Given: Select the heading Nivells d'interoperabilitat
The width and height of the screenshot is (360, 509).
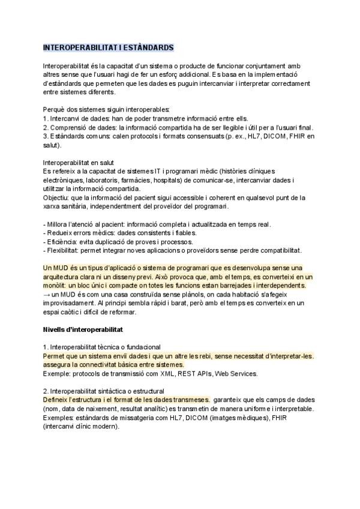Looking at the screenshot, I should pos(82,330).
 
